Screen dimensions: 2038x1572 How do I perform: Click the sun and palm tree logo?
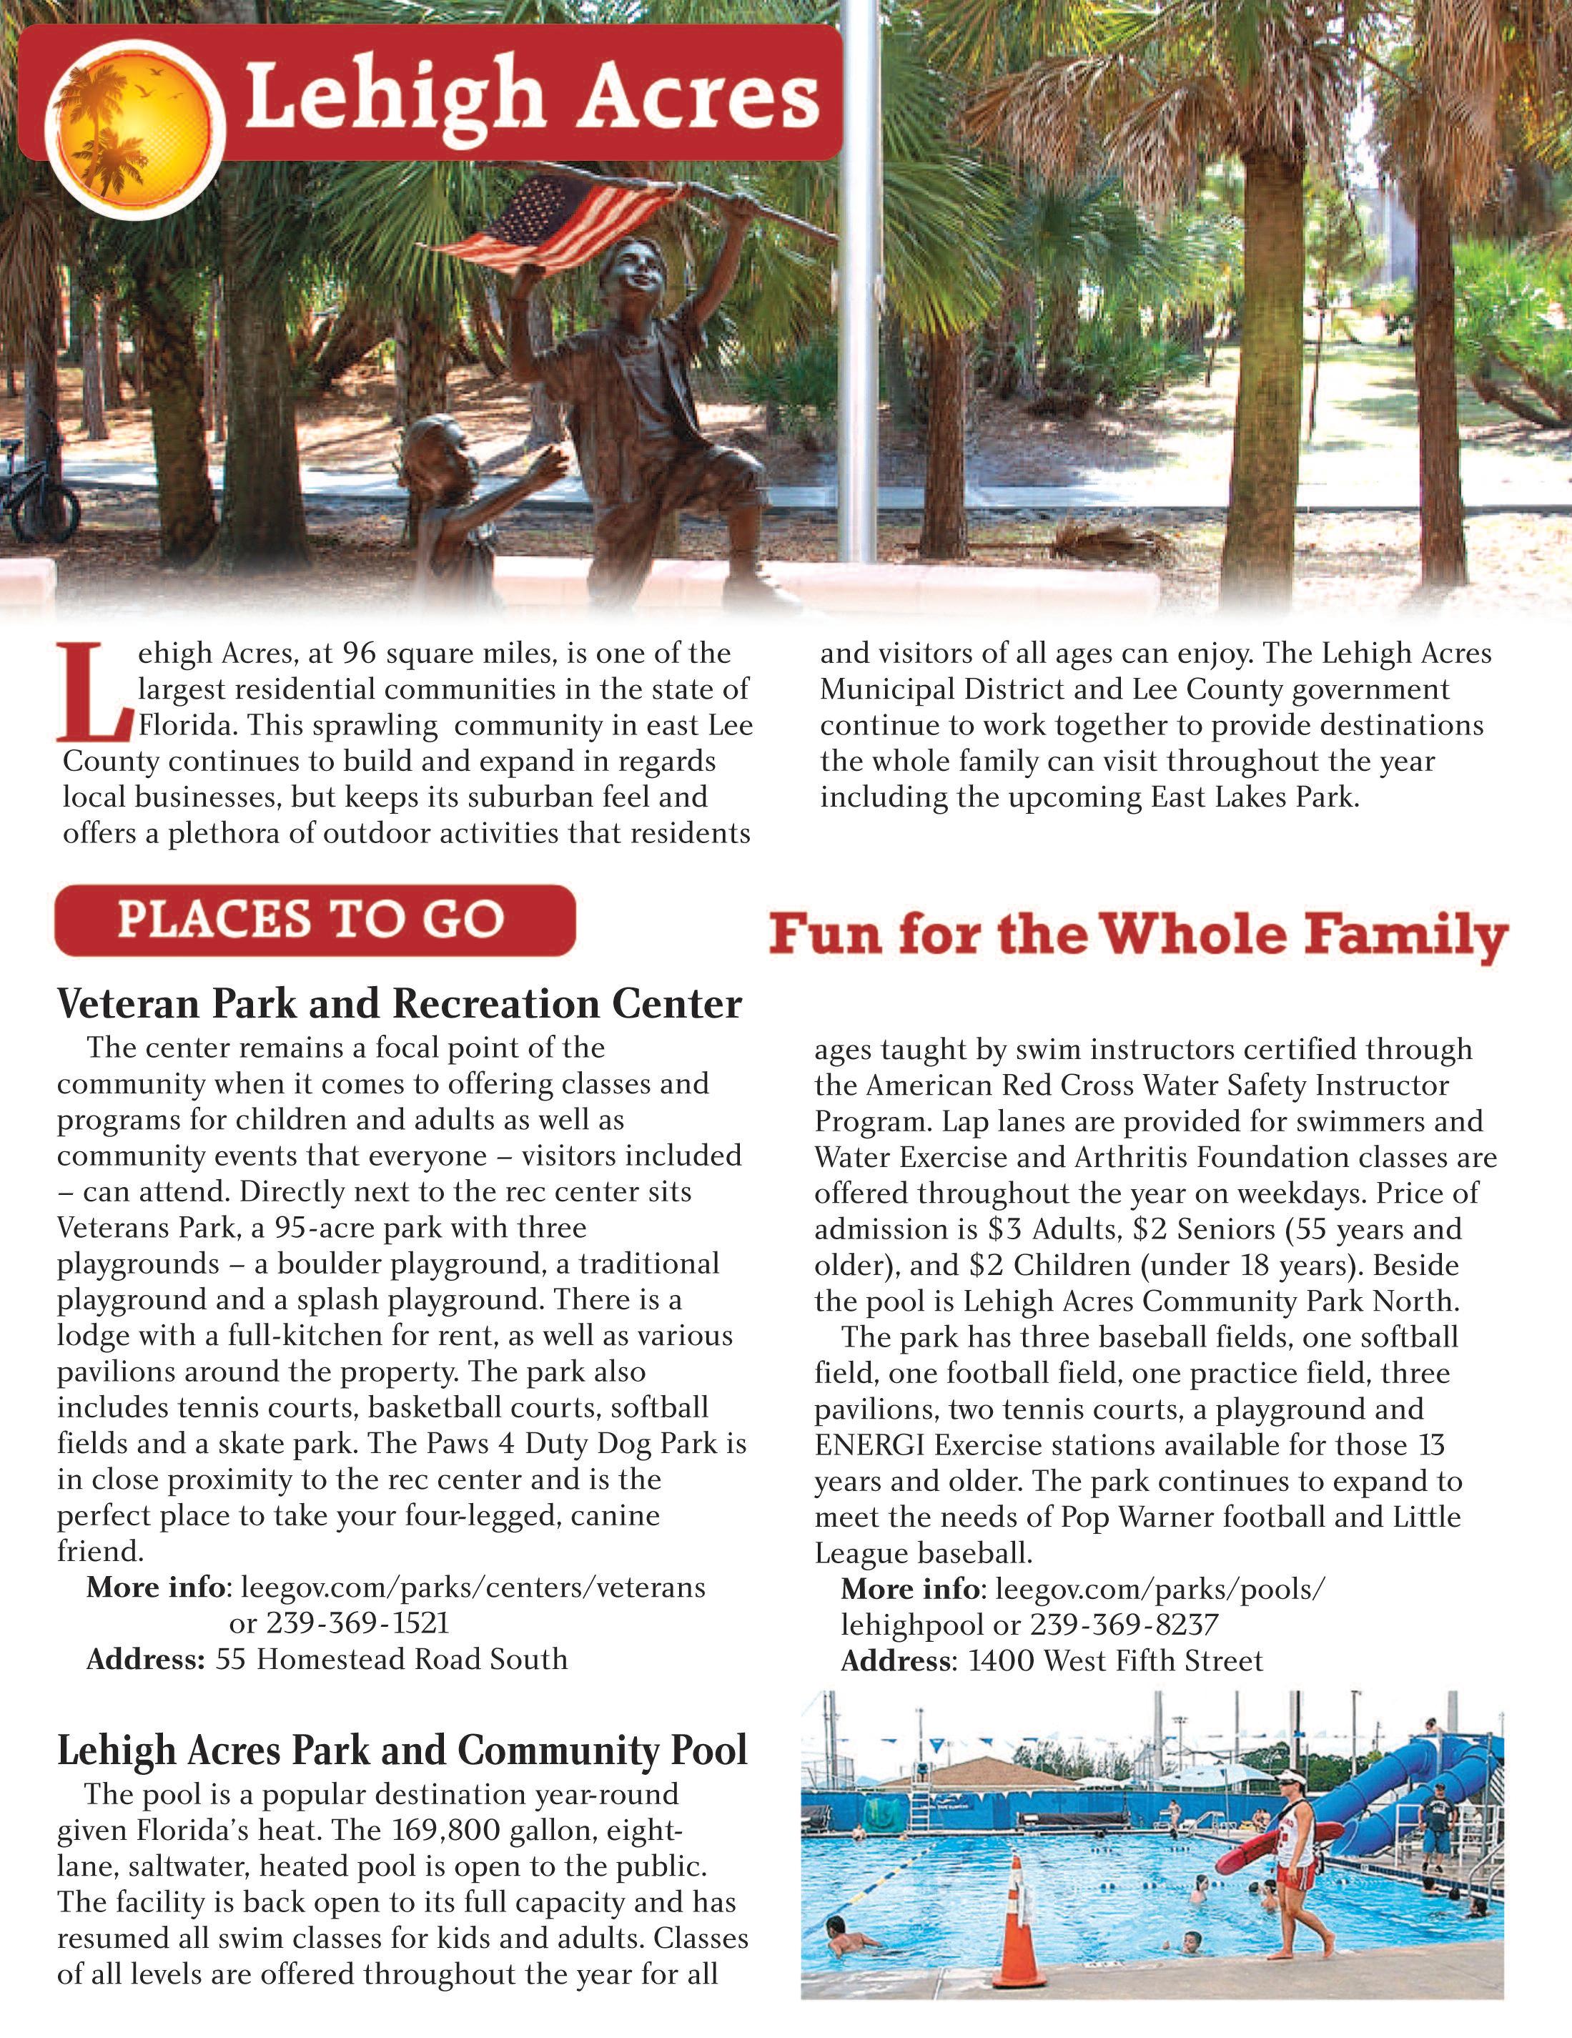(132, 125)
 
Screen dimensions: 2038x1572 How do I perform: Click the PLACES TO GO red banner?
(315, 919)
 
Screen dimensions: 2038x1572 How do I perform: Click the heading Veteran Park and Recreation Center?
(400, 1004)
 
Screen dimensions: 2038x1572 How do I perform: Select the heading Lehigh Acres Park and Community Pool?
(402, 1750)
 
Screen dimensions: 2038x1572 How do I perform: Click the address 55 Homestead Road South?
(392, 1659)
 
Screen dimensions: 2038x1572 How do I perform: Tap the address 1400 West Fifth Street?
(1115, 1661)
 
